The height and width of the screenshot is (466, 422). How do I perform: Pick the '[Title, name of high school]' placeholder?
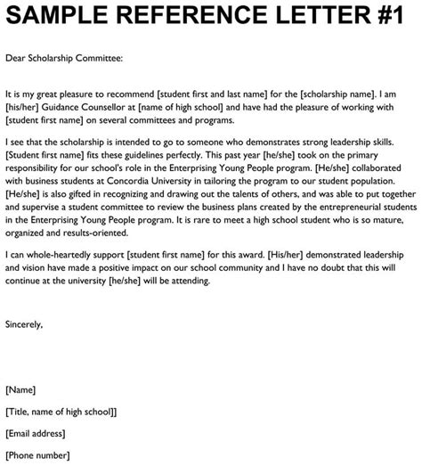(x=61, y=412)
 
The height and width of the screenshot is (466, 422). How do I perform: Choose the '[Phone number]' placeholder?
(x=40, y=455)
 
